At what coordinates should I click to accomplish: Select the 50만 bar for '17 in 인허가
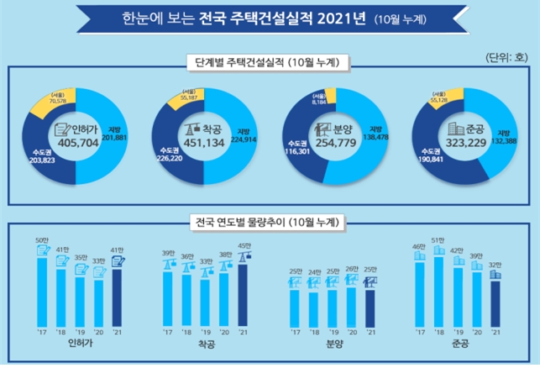42,282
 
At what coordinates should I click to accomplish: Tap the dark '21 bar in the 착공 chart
244,286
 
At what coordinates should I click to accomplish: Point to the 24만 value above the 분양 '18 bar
314,271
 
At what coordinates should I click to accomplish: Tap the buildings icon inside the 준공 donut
450,129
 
